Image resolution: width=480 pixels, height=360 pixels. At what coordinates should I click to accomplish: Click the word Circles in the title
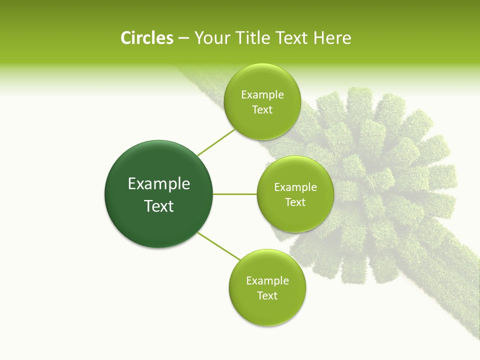pyautogui.click(x=147, y=38)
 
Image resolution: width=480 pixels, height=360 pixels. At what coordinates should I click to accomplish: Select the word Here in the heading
pyautogui.click(x=332, y=38)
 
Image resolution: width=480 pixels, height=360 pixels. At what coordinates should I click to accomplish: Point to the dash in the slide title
pyautogui.click(x=183, y=38)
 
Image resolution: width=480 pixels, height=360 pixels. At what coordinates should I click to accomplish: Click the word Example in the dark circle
pyautogui.click(x=159, y=184)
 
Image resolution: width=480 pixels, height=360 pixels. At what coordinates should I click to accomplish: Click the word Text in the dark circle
pyautogui.click(x=159, y=206)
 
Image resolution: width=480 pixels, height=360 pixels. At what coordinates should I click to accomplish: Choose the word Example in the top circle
pyautogui.click(x=262, y=95)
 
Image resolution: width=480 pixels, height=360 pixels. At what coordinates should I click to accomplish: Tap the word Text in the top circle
pyautogui.click(x=262, y=110)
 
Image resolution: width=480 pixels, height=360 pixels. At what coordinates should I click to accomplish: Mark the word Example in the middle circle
pyautogui.click(x=295, y=187)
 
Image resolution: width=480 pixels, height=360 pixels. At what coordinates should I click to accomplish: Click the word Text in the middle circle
pyautogui.click(x=295, y=202)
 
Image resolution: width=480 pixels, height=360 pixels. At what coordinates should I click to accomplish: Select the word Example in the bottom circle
pyautogui.click(x=267, y=281)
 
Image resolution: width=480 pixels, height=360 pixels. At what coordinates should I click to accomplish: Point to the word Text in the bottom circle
pyautogui.click(x=267, y=296)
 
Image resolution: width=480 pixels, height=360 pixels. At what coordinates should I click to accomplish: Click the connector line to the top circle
pyautogui.click(x=215, y=143)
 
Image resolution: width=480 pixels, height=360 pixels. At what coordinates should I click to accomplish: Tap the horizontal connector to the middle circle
pyautogui.click(x=235, y=194)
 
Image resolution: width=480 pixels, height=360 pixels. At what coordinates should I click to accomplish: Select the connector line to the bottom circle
pyautogui.click(x=218, y=246)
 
